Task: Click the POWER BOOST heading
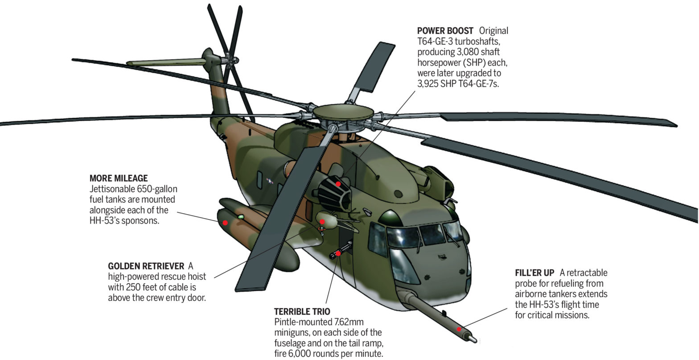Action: point(445,31)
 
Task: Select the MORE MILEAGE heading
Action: point(118,178)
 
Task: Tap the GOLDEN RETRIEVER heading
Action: point(146,266)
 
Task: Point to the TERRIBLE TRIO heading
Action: point(302,311)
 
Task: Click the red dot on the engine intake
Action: point(338,184)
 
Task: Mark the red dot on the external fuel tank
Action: point(226,222)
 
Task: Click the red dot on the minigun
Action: point(339,253)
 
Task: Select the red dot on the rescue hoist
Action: point(322,221)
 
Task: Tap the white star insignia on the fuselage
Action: point(270,181)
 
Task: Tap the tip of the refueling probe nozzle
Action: point(475,340)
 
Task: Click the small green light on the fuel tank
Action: point(241,216)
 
